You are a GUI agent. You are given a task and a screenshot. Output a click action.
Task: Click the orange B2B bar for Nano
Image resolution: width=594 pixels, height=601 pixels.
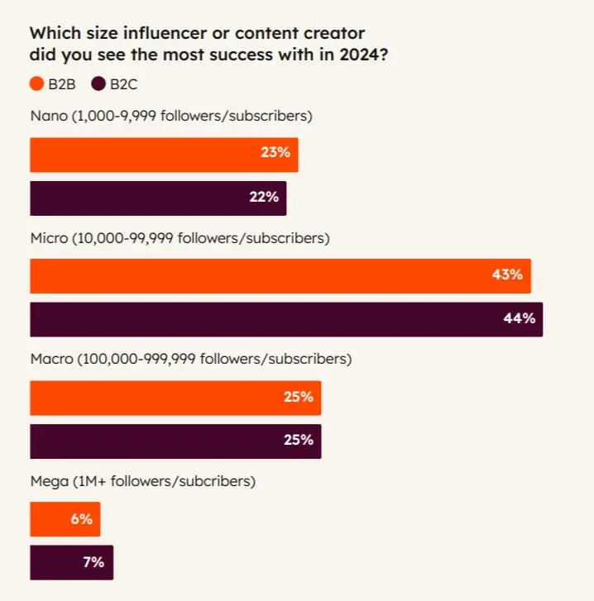coord(164,155)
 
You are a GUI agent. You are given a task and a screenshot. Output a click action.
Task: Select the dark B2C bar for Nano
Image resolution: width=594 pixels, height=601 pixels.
coord(158,198)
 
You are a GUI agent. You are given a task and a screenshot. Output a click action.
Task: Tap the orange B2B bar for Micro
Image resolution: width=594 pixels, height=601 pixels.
coord(280,275)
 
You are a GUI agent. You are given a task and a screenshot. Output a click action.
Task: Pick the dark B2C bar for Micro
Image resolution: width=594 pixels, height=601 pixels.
coord(286,319)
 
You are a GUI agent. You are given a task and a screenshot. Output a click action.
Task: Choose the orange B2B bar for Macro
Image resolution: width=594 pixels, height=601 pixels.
coord(175,398)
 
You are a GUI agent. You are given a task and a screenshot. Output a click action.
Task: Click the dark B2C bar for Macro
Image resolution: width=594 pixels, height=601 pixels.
coord(175,441)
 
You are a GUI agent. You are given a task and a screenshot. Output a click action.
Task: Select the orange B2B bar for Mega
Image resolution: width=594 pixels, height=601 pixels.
coord(65,519)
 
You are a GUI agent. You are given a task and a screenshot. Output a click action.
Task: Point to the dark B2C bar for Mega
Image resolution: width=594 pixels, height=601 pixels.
coord(71,562)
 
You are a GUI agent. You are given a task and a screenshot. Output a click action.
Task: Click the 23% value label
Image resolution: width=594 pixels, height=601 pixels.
coord(275,155)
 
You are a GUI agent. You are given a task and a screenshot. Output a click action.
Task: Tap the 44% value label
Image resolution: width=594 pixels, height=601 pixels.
coord(520,319)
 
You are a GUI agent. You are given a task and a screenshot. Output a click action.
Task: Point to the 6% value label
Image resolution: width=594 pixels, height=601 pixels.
coord(80,519)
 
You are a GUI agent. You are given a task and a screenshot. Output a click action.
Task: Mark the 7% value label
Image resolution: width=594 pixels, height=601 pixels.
coord(93,562)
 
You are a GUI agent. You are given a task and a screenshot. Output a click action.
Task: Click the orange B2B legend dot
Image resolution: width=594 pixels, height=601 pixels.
coord(36,83)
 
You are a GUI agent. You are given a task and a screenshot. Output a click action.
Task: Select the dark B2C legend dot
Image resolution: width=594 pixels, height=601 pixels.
coord(98,83)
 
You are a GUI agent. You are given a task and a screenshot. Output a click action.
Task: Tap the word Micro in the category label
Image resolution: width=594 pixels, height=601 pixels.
coord(49,238)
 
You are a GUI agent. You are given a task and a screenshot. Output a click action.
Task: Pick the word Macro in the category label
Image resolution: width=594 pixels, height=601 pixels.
coord(51,360)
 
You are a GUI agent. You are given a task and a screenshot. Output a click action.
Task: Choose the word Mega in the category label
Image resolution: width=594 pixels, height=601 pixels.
coord(49,481)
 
